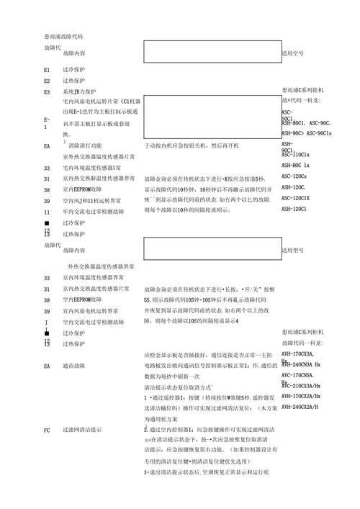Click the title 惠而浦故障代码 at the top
(63, 35)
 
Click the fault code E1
(47, 71)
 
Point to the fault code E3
(47, 92)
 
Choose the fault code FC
(47, 429)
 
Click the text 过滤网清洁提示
(82, 429)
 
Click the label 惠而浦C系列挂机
(302, 90)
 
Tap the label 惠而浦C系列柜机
(302, 332)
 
